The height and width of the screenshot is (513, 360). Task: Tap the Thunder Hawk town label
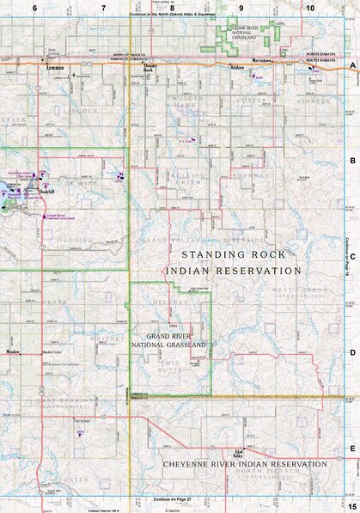click(151, 67)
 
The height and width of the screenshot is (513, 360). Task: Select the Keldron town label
click(238, 66)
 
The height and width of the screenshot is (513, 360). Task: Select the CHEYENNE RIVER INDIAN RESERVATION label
click(245, 464)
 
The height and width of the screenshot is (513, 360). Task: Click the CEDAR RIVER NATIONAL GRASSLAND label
click(244, 33)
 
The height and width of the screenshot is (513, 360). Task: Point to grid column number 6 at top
click(35, 7)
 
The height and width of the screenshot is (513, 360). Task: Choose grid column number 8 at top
click(172, 7)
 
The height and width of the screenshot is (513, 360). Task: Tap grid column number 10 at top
click(309, 7)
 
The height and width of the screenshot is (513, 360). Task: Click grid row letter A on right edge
click(352, 66)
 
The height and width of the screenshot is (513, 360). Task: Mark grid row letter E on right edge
click(352, 448)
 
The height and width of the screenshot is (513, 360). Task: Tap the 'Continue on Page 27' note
click(171, 499)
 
